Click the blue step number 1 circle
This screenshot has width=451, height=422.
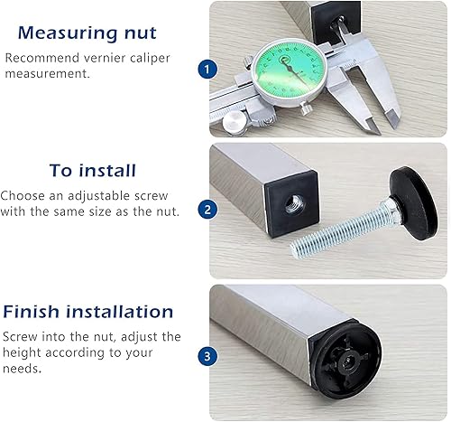pyautogui.click(x=207, y=70)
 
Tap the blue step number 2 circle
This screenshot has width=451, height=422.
pyautogui.click(x=207, y=210)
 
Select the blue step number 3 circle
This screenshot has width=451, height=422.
pyautogui.click(x=207, y=356)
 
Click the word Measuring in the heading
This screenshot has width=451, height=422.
pyautogui.click(x=68, y=33)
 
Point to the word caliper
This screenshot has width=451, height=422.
pyautogui.click(x=150, y=58)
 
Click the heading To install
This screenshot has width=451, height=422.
pyautogui.click(x=93, y=170)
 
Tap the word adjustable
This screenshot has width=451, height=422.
pyautogui.click(x=98, y=196)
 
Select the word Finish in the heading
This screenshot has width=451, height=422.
pyautogui.click(x=31, y=312)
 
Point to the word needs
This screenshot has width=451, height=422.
pyautogui.click(x=22, y=369)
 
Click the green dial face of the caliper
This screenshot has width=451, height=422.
pyautogui.click(x=289, y=70)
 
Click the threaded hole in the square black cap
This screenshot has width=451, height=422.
pyautogui.click(x=294, y=204)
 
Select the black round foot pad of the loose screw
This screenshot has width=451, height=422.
pyautogui.click(x=412, y=202)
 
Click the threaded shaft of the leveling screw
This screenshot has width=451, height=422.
pyautogui.click(x=336, y=230)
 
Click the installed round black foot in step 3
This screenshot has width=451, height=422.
pyautogui.click(x=346, y=361)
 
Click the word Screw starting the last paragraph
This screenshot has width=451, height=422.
pyautogui.click(x=20, y=337)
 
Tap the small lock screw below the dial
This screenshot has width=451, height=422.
pyautogui.click(x=305, y=108)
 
